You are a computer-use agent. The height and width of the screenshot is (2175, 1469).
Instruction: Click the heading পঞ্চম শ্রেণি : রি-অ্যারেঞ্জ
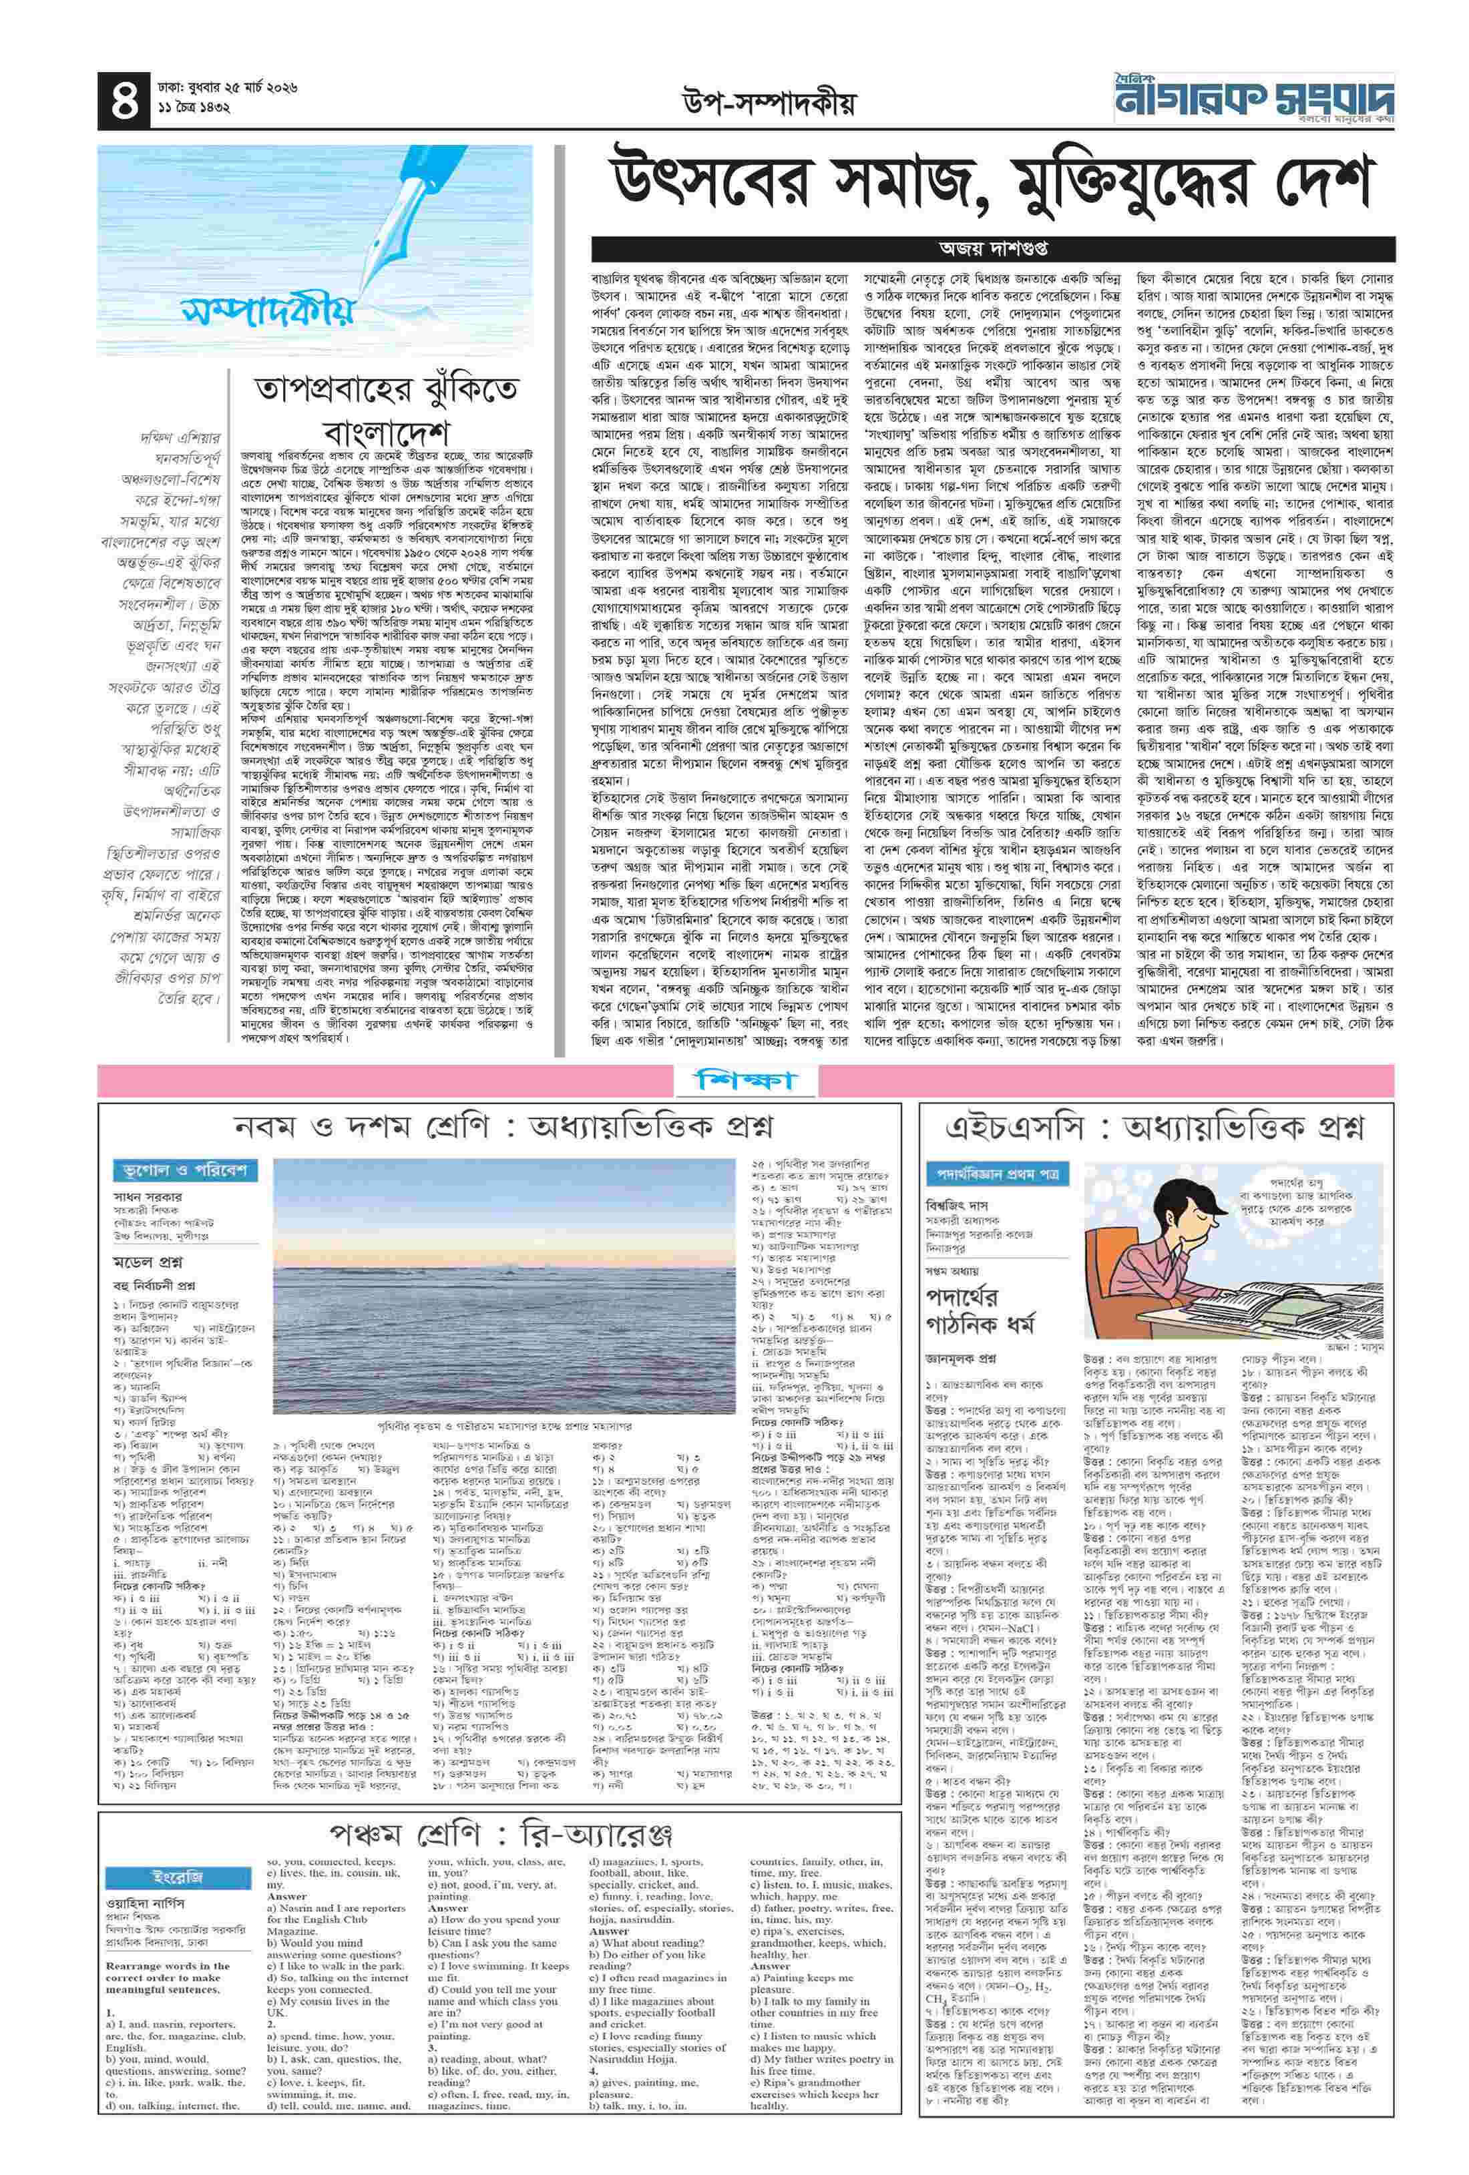tap(501, 1833)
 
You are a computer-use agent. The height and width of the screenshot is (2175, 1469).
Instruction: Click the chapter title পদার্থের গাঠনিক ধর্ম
tap(974, 1310)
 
